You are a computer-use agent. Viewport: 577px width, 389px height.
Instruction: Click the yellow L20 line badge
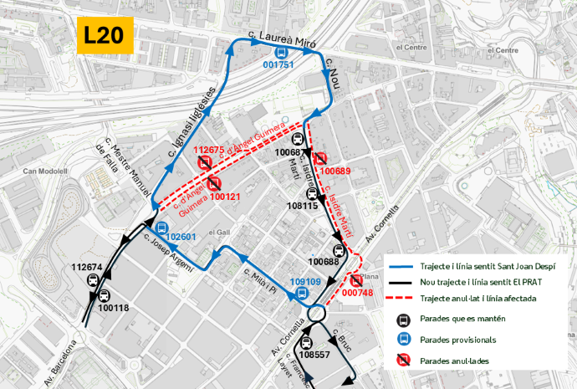pos(105,35)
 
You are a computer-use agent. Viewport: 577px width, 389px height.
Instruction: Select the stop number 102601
pos(181,237)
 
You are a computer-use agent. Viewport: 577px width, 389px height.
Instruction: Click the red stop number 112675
pos(208,150)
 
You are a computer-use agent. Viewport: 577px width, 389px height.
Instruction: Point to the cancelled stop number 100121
pos(225,197)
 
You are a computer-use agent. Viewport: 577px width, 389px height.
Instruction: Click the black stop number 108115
pos(303,205)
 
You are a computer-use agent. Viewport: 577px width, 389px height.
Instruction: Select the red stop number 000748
pos(357,293)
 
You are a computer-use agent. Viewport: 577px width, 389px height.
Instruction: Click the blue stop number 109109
pos(305,282)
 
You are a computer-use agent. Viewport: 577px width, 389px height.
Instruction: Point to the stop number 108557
pos(314,355)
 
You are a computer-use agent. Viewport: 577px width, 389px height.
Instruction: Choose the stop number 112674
pos(87,268)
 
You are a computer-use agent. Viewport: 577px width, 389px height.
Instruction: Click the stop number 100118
pos(114,308)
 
